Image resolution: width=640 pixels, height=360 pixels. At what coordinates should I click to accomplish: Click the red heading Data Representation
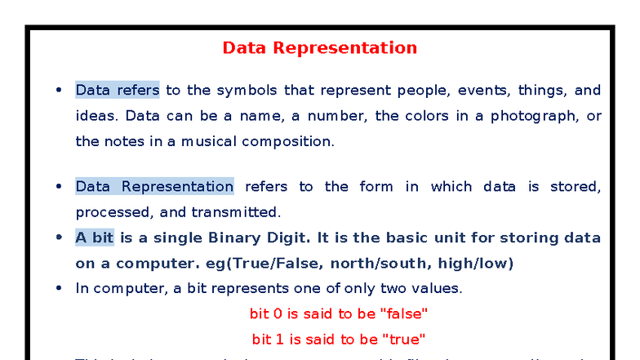click(x=319, y=47)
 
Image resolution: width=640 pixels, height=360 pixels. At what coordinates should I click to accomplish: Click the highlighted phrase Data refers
click(x=117, y=90)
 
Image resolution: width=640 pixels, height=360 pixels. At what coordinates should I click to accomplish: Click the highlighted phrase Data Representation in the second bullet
click(x=154, y=186)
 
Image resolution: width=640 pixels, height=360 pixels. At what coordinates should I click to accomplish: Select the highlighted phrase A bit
click(x=94, y=238)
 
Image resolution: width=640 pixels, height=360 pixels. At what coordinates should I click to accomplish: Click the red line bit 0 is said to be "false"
click(x=339, y=313)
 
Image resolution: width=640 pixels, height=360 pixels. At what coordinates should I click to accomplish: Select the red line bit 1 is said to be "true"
click(x=339, y=339)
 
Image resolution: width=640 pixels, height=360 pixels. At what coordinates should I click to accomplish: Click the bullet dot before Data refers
click(x=58, y=91)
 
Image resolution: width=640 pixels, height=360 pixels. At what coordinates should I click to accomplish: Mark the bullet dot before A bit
click(x=58, y=238)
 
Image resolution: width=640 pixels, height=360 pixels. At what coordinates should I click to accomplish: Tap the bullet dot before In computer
click(x=58, y=288)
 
